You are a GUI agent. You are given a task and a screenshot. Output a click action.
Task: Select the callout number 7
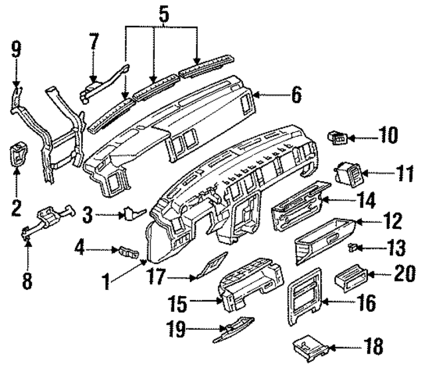[x=94, y=42]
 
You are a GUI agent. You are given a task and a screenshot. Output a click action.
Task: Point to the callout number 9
[x=17, y=49]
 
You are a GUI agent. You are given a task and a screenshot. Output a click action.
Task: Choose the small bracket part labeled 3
[x=130, y=214]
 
